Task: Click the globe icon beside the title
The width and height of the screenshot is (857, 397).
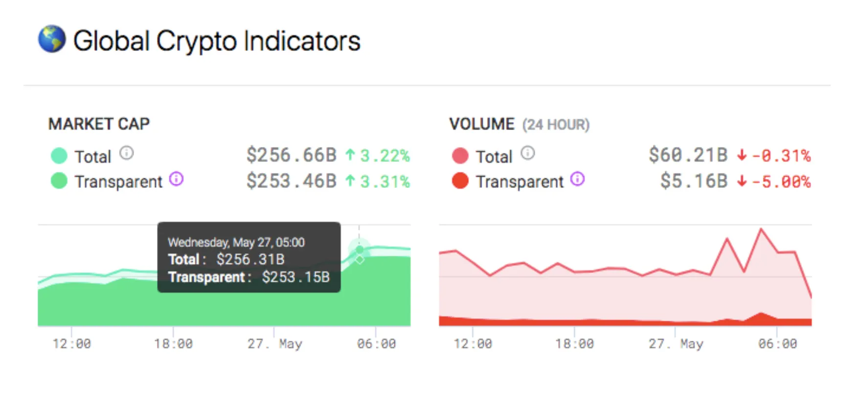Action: coord(52,39)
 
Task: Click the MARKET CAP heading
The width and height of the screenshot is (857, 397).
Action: coord(99,124)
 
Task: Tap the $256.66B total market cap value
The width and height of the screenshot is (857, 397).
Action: coord(292,155)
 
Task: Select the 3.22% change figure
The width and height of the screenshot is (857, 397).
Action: coord(384,156)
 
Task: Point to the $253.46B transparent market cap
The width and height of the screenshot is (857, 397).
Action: coord(292,181)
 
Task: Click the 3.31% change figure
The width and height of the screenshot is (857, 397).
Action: coord(384,182)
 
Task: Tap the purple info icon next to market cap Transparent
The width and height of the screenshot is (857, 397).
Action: coord(176,179)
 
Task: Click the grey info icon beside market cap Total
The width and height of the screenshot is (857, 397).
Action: coord(127,154)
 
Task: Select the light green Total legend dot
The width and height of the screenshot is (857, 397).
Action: coord(59,156)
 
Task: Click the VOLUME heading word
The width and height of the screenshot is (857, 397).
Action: coord(482,124)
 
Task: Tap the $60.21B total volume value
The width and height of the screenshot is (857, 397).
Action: coord(688,155)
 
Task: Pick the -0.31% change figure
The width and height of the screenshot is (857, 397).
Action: coord(781,156)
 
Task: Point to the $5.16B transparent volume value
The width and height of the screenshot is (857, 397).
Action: coord(694,181)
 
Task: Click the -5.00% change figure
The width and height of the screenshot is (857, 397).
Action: coord(781,182)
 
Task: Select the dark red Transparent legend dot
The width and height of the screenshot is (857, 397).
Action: coord(460,181)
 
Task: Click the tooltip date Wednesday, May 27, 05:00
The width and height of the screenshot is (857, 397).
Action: coord(236,243)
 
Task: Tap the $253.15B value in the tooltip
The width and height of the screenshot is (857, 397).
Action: coord(295,277)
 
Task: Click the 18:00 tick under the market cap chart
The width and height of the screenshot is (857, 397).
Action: coord(173,344)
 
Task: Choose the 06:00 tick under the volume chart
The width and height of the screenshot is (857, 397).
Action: coord(777,344)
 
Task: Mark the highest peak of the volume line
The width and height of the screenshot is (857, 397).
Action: coord(761,229)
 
